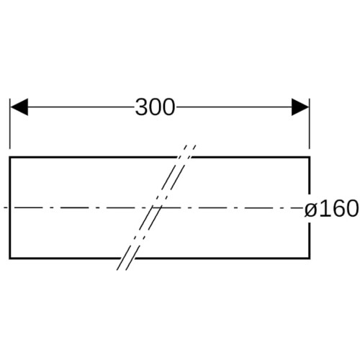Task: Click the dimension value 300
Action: [155, 107]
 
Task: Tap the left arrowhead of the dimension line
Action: [19, 107]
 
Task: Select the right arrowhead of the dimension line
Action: [300, 107]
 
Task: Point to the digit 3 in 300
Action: [142, 107]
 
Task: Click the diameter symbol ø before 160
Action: [310, 208]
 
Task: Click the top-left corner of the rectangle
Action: [9, 157]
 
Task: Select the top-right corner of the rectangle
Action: [310, 157]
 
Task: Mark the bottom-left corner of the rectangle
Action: [9, 258]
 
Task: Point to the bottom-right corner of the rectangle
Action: [310, 258]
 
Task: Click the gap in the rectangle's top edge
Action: [184, 157]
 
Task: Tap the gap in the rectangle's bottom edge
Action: [127, 258]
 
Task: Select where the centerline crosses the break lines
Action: [156, 207]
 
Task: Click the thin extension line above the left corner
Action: [9, 124]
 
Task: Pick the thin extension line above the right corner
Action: [310, 124]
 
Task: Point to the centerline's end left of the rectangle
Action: [4, 207]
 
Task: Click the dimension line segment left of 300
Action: [81, 107]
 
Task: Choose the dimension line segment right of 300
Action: [234, 107]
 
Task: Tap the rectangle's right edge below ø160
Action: [310, 240]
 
